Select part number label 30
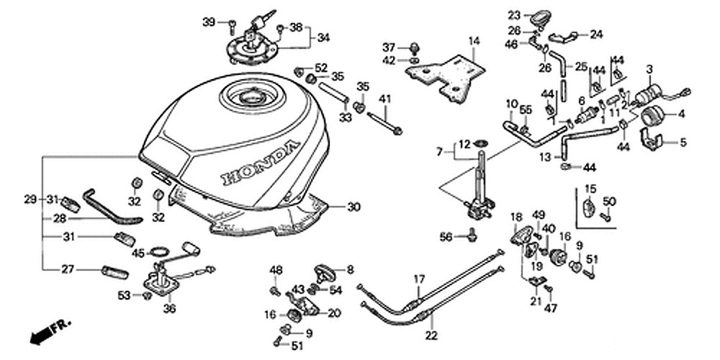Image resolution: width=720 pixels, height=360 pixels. pos(354,207)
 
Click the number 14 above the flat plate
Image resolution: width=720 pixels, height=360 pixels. pos(474,41)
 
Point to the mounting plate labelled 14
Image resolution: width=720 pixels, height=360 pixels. pos(445,76)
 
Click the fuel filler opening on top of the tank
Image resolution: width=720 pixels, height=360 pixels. pos(252,97)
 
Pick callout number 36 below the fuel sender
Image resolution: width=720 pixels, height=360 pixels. pos(169,309)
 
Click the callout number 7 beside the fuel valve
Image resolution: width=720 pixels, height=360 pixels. pos(439,151)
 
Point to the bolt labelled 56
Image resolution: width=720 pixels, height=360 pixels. pos(472,235)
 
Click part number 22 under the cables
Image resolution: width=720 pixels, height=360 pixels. pos(431,336)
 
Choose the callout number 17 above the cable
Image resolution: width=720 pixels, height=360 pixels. pos(419,279)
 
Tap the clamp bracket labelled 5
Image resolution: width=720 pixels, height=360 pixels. pos(652,139)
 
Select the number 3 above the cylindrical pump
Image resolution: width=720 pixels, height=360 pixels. pos(649,70)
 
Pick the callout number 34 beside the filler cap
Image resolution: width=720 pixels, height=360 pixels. pos(323,37)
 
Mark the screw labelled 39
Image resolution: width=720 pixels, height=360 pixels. pos(233,26)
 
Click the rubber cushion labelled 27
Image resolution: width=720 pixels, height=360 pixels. pos(114,272)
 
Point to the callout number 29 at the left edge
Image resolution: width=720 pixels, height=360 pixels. pos(30,199)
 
